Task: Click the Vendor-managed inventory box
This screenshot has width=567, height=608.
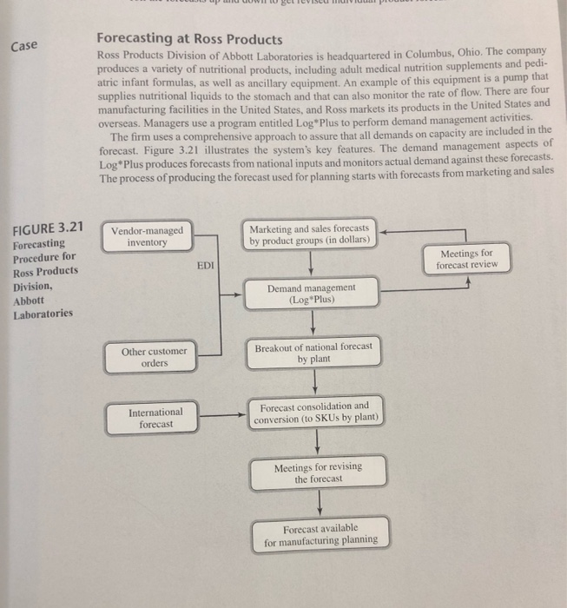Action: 148,236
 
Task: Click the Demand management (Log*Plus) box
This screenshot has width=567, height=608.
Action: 311,292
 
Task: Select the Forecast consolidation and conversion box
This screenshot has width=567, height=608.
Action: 313,412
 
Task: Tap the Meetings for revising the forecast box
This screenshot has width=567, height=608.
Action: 318,473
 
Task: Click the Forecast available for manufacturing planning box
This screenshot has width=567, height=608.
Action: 320,534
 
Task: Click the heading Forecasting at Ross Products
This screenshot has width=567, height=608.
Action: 189,40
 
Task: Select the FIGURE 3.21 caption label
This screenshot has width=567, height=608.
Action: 49,228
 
